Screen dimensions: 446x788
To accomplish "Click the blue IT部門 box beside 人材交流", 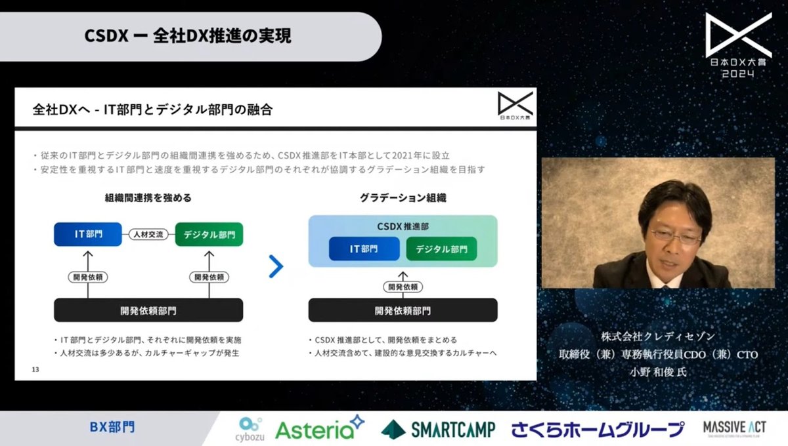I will [x=88, y=234].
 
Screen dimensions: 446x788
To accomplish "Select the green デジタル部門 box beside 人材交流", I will [x=209, y=234].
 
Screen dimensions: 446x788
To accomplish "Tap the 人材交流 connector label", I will [x=148, y=234].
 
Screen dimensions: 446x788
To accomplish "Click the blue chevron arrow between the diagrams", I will [x=276, y=266].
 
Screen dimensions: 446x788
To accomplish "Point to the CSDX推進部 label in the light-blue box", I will [x=403, y=226].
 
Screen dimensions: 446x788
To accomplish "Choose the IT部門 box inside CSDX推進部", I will [x=364, y=249].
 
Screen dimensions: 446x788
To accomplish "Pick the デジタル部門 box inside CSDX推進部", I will [x=441, y=249].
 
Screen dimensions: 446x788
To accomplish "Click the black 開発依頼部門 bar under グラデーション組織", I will [x=403, y=310].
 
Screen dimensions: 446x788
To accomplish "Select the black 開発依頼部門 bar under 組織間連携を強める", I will [x=148, y=310].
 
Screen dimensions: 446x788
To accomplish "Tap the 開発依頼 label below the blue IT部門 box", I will [x=87, y=277].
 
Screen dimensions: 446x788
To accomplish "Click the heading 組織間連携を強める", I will [x=148, y=197].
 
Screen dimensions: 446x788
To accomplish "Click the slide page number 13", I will [x=35, y=370].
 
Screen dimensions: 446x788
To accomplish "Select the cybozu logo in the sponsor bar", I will [x=250, y=429].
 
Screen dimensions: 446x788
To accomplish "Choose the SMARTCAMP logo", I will [x=437, y=430].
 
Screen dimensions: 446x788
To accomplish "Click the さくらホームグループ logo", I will [x=598, y=430].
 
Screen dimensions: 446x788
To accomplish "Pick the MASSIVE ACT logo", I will [x=734, y=428].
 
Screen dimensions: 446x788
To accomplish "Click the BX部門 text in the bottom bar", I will [x=112, y=428].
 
